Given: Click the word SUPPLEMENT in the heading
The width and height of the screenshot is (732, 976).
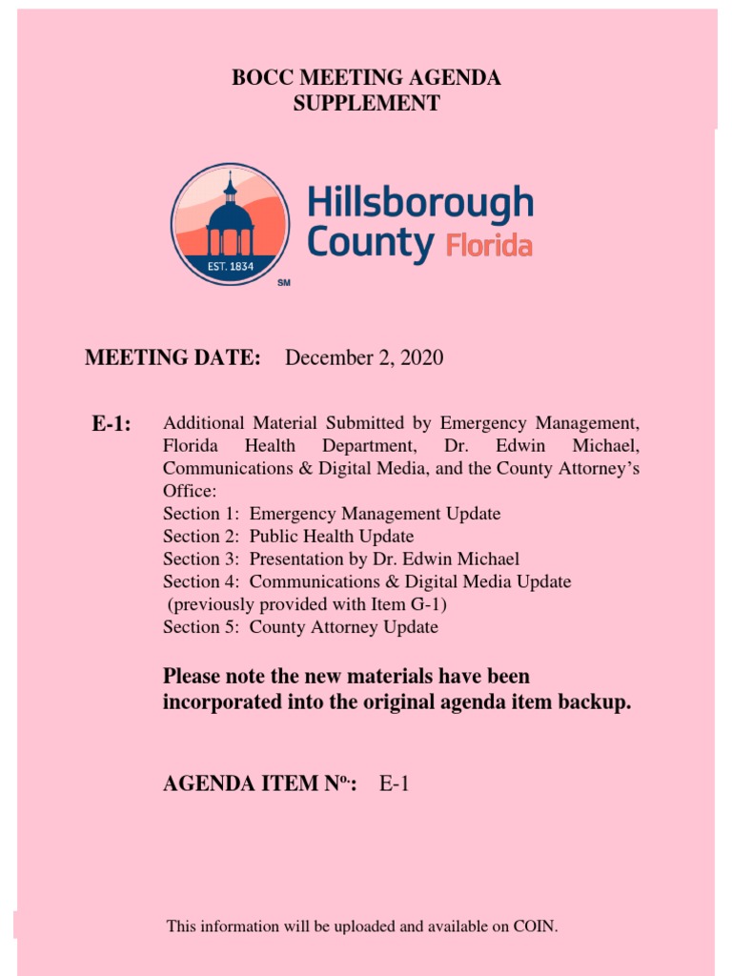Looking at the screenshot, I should (x=366, y=104).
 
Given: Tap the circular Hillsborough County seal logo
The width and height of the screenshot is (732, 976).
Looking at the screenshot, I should (x=230, y=224).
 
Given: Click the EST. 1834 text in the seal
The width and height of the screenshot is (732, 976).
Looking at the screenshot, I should (x=230, y=266).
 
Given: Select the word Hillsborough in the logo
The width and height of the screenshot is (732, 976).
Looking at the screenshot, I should (x=419, y=204).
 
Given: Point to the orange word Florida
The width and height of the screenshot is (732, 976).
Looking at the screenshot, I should (x=489, y=246).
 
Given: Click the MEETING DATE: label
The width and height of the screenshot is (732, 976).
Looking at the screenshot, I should (x=173, y=358).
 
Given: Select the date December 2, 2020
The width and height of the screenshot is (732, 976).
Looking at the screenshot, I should (x=364, y=358).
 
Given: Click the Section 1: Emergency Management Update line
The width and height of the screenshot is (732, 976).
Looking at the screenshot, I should (x=332, y=514).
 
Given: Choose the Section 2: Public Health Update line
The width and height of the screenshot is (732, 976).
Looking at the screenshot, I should (x=288, y=537).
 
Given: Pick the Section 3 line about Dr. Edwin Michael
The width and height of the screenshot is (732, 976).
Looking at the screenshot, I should (x=341, y=559).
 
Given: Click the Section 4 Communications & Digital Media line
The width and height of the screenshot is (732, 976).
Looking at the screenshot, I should (x=367, y=581).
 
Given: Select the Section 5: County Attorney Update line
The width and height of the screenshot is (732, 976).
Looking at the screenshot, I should (x=300, y=627).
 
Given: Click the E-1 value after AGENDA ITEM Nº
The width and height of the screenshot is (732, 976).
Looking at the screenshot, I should (x=395, y=785).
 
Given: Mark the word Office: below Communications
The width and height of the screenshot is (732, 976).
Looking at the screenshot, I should (x=190, y=491).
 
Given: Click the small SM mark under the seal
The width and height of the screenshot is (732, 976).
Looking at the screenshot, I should (x=283, y=285).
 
